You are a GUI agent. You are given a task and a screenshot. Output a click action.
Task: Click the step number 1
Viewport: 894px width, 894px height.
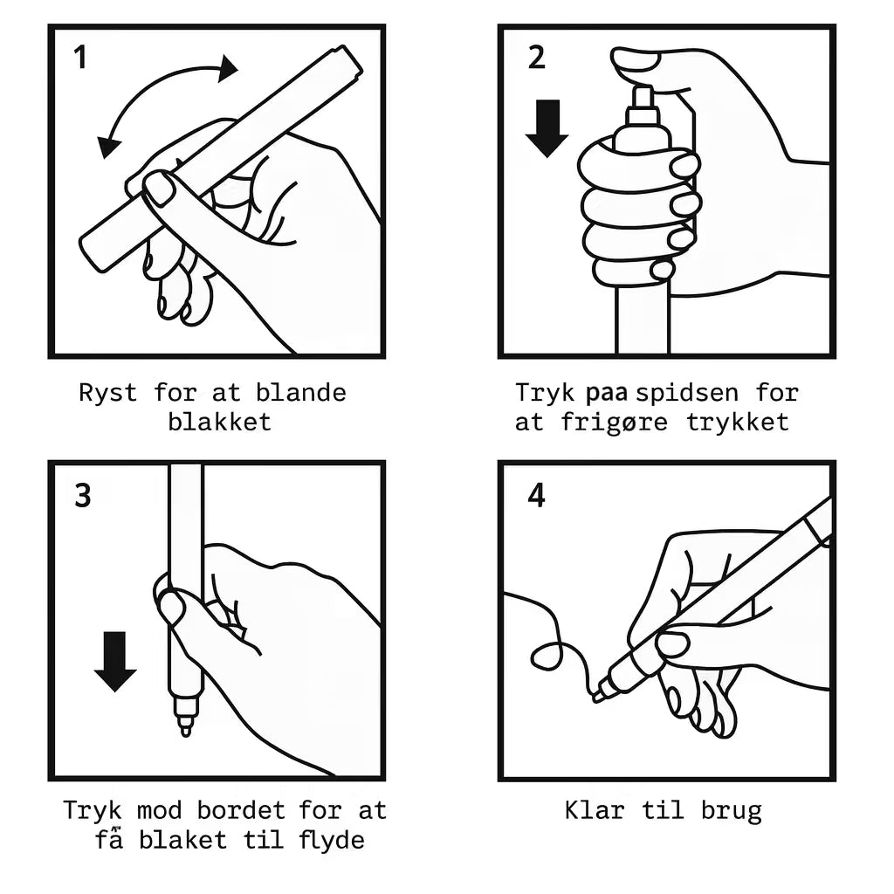click(80, 58)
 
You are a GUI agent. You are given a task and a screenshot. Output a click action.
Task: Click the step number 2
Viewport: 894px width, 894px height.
click(537, 58)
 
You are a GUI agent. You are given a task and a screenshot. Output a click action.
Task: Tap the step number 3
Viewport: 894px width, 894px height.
click(83, 496)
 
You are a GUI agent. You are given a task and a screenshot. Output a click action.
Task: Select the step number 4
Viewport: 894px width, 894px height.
click(537, 495)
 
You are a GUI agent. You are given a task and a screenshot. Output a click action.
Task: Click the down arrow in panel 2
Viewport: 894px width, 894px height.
click(547, 128)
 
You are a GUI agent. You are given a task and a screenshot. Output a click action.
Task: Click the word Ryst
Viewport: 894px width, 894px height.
click(107, 394)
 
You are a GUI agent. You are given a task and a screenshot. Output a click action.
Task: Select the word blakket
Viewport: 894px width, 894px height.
click(219, 422)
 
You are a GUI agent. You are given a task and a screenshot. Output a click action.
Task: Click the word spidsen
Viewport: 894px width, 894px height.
click(687, 394)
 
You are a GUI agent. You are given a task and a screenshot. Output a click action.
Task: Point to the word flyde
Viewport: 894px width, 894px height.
click(332, 841)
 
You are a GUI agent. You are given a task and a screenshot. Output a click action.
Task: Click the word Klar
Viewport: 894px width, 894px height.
click(595, 810)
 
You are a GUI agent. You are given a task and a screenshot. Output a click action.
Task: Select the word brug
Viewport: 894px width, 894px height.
click(732, 811)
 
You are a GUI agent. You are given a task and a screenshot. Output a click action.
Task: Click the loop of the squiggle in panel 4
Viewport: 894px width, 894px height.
click(547, 655)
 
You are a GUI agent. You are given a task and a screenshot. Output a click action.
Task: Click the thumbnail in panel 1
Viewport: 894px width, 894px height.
click(159, 189)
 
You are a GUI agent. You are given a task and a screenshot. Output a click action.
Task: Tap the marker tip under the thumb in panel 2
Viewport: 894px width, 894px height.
click(643, 97)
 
